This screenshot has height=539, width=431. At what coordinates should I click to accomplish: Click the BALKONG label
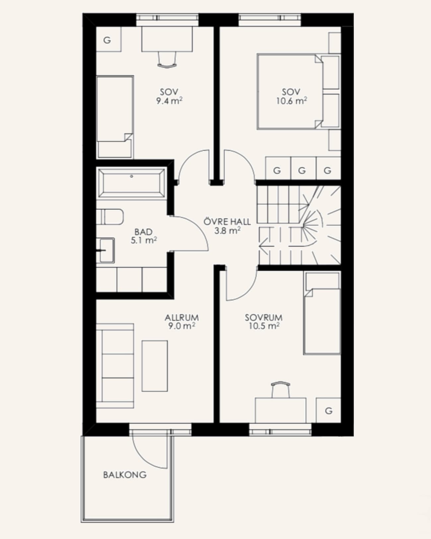point(125,475)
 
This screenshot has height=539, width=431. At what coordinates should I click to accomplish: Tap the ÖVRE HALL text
point(227,222)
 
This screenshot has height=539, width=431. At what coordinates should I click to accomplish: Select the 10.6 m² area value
point(292,101)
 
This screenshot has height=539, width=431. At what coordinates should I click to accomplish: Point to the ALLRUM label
point(181,318)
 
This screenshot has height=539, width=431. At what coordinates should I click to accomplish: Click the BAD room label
point(143,232)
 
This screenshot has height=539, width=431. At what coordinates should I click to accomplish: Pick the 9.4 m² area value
point(169,101)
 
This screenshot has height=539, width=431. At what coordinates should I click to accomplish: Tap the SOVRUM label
point(264,318)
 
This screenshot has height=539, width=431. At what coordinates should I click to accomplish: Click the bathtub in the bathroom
point(131,184)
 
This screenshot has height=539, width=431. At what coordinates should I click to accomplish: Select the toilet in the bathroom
point(110,217)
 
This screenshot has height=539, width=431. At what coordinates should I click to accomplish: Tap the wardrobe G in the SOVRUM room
point(328,410)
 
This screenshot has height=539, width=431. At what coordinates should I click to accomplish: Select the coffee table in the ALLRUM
point(155,366)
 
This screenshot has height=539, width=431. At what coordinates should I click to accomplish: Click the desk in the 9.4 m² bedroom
point(167,39)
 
